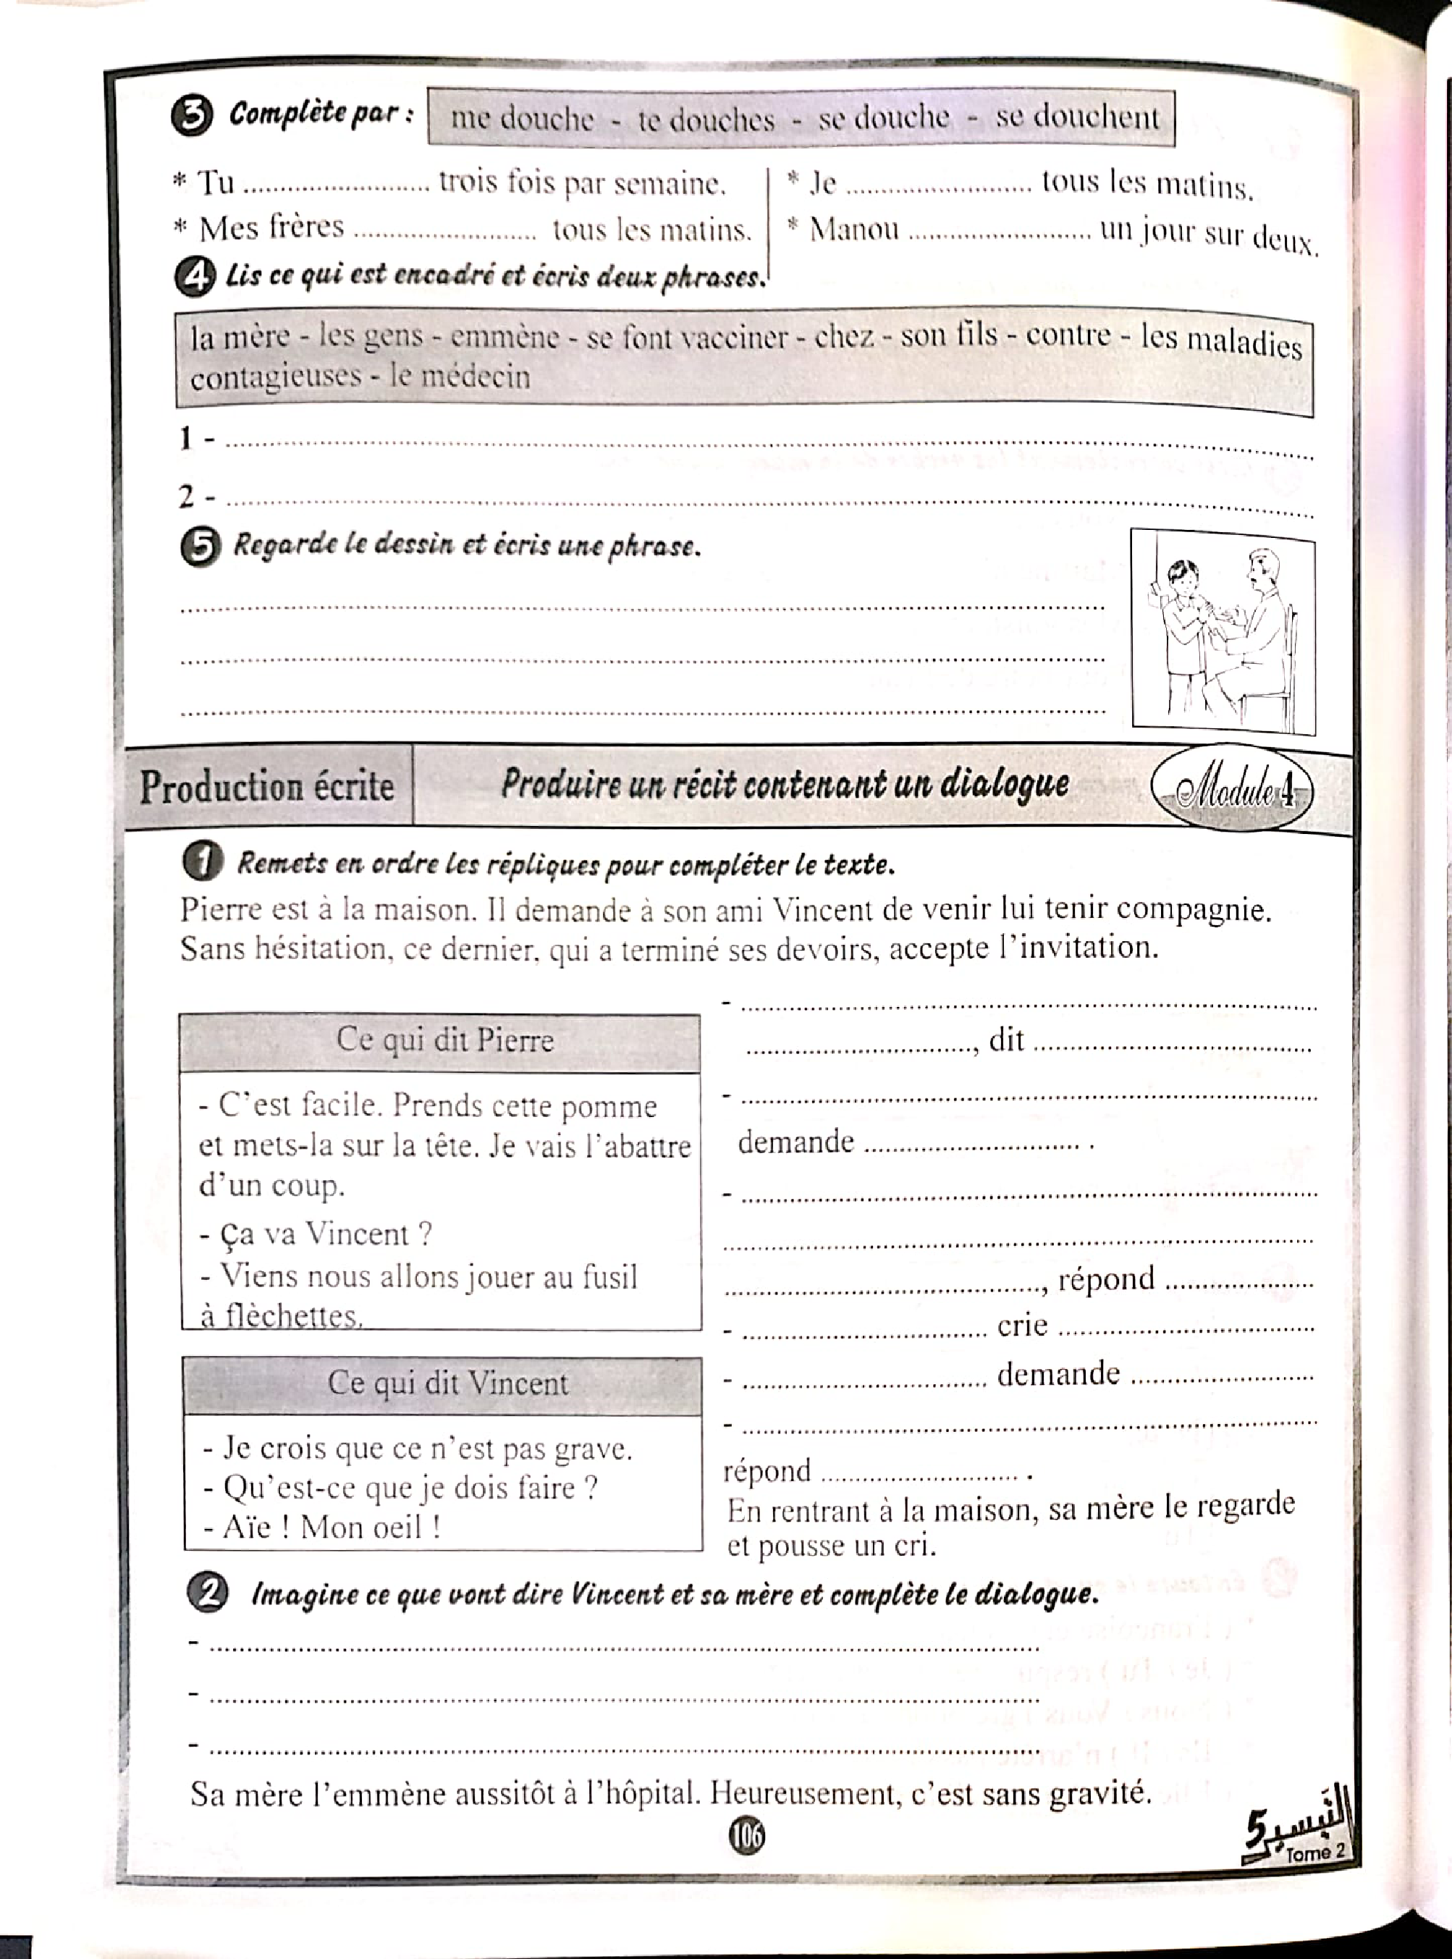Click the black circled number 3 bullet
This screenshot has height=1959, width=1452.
point(193,116)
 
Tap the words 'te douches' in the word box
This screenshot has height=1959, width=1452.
point(706,119)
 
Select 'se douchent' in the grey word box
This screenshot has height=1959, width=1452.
point(1077,117)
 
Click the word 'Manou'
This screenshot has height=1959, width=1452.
point(853,230)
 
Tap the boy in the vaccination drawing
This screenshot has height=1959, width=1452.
point(1182,624)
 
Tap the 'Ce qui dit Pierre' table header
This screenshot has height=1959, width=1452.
point(444,1040)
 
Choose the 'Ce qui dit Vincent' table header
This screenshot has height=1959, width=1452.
point(447,1383)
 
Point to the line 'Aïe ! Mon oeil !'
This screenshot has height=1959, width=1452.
point(321,1528)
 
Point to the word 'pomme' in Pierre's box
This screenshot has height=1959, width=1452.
point(620,1106)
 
